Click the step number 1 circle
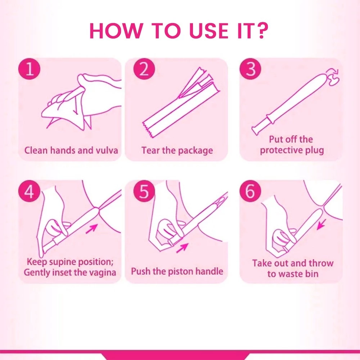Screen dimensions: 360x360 tap(29, 69)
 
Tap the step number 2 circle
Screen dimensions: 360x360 tap(144, 69)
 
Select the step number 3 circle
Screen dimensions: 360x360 tap(250, 69)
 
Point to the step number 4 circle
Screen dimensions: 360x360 tap(29, 191)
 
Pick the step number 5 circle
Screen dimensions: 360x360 tap(144, 191)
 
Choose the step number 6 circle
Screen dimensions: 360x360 tap(250, 191)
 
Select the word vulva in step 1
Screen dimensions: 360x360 tap(107, 150)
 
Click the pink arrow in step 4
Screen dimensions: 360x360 tap(91, 229)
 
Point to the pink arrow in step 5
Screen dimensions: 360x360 tap(182, 248)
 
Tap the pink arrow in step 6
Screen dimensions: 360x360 tap(321, 224)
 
